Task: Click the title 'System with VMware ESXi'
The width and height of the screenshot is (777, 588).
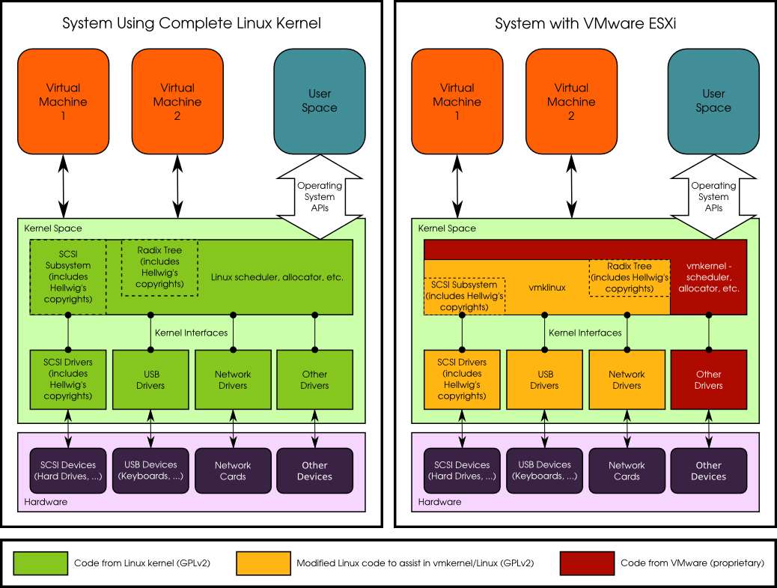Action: pyautogui.click(x=585, y=24)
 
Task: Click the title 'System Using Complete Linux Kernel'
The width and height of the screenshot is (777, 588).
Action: pyautogui.click(x=192, y=24)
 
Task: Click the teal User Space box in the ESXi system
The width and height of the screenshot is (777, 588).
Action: pyautogui.click(x=713, y=100)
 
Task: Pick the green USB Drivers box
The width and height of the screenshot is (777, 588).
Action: pyautogui.click(x=150, y=379)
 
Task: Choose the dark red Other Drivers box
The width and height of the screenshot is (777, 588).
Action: pyautogui.click(x=708, y=379)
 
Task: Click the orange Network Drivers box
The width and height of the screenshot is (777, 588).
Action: pyautogui.click(x=626, y=379)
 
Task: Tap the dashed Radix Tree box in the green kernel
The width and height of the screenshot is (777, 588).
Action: pyautogui.click(x=159, y=267)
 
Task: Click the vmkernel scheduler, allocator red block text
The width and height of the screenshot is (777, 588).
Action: pyautogui.click(x=708, y=277)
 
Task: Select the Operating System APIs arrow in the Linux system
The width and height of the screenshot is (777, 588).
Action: pyautogui.click(x=320, y=197)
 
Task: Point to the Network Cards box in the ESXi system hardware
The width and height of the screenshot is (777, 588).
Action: pyautogui.click(x=626, y=470)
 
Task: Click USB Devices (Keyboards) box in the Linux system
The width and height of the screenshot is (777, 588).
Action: pyautogui.click(x=150, y=470)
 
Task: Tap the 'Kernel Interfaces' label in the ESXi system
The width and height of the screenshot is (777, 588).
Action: pyautogui.click(x=585, y=333)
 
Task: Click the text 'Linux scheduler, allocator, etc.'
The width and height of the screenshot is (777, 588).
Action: pyautogui.click(x=277, y=277)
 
